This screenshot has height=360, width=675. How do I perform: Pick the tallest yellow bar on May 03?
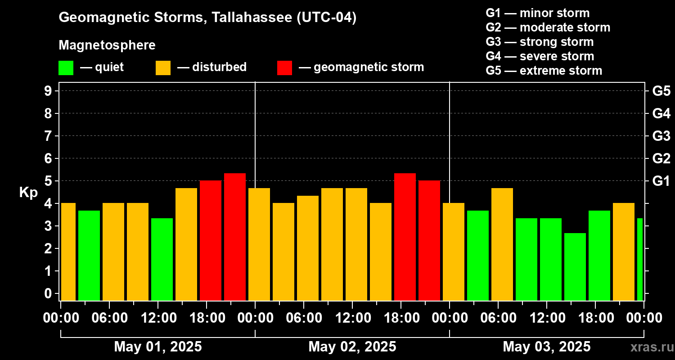click(x=502, y=244)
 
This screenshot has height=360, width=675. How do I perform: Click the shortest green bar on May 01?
click(x=162, y=259)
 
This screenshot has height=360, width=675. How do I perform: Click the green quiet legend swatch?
click(x=66, y=67)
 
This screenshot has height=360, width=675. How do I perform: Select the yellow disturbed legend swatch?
click(x=163, y=67)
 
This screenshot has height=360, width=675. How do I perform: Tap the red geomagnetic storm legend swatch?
click(x=284, y=67)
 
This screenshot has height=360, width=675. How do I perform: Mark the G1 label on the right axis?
click(x=661, y=181)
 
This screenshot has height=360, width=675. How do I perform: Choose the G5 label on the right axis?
click(x=661, y=91)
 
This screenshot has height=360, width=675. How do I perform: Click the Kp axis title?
click(x=28, y=193)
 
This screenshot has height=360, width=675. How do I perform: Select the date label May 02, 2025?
click(x=352, y=346)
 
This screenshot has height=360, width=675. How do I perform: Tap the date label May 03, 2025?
click(x=546, y=346)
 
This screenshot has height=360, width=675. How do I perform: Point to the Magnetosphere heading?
click(x=107, y=45)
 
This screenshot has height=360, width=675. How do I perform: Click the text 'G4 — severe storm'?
click(x=540, y=56)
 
